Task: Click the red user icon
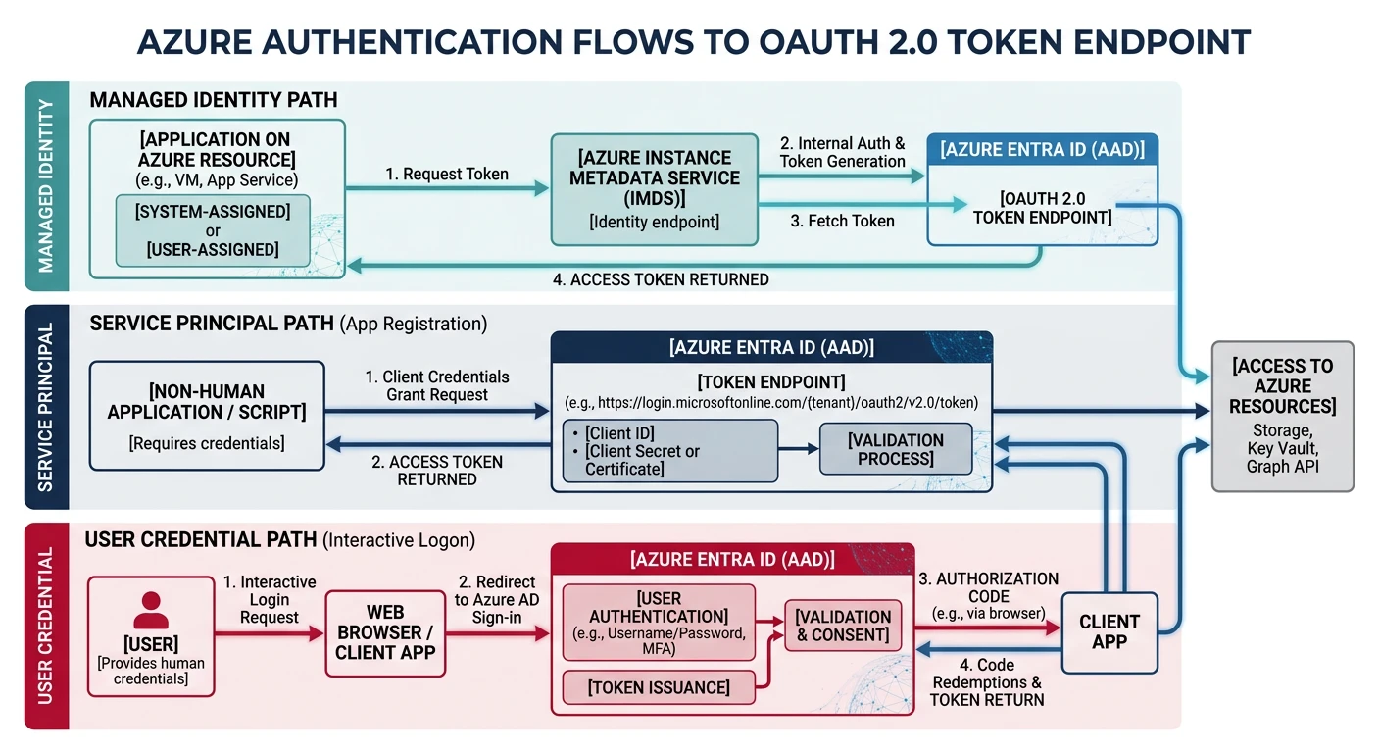(x=150, y=610)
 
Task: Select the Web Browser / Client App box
(x=385, y=633)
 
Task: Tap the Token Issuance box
(x=659, y=687)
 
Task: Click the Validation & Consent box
(x=843, y=626)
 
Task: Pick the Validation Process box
(x=896, y=450)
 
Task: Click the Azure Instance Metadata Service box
(x=654, y=189)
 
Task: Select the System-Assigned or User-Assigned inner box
(x=213, y=230)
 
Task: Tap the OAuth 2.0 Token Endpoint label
(x=1042, y=208)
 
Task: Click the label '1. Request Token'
(x=446, y=174)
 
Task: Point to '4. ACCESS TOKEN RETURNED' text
(x=660, y=279)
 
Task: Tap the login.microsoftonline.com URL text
(x=771, y=404)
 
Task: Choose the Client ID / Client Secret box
(x=669, y=451)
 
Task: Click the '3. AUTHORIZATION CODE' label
(x=987, y=587)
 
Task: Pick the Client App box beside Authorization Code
(x=1109, y=631)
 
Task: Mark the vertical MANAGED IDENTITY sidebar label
(x=47, y=186)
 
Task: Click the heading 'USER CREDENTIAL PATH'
(x=201, y=539)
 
